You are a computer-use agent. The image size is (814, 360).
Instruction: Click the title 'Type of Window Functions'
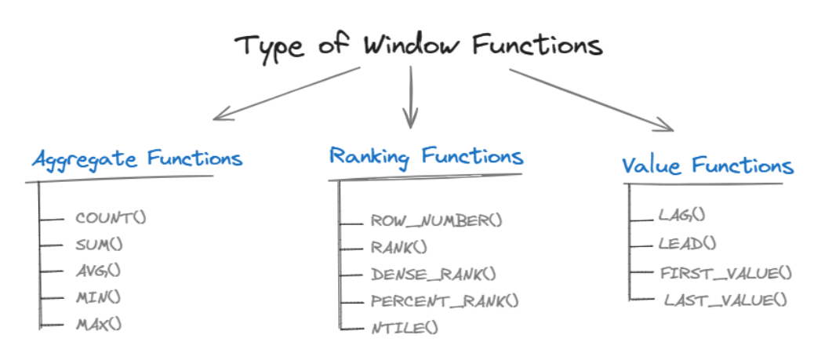(419, 45)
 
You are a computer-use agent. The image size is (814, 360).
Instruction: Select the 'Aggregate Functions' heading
(137, 159)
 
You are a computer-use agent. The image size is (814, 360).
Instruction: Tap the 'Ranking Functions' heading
(426, 156)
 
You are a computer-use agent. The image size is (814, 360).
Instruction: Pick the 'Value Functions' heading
(707, 166)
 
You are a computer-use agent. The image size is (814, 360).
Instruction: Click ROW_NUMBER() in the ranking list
(436, 221)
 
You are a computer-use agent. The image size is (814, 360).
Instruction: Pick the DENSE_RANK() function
(434, 274)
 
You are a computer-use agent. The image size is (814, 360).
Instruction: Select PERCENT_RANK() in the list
(445, 300)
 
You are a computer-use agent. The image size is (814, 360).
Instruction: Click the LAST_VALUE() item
(725, 299)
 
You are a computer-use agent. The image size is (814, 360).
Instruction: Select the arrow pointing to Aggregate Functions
(286, 93)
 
